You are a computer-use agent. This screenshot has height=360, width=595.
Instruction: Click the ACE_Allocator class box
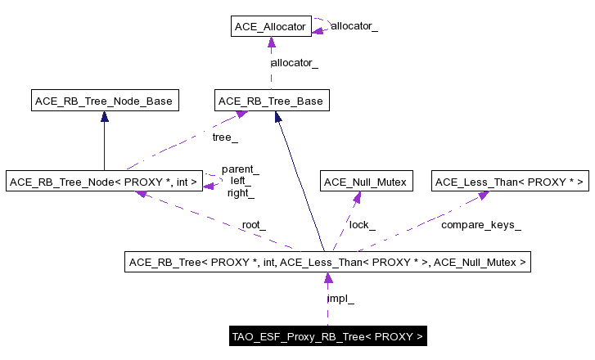point(270,27)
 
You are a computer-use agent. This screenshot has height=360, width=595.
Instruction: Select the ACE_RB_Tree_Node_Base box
point(104,101)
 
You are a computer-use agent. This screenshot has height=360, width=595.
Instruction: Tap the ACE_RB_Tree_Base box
point(271,101)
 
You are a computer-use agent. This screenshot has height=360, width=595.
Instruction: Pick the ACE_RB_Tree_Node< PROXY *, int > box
point(104,181)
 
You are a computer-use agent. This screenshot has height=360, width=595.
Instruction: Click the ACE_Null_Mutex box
point(365,181)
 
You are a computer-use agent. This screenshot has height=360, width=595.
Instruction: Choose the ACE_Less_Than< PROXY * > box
point(510,181)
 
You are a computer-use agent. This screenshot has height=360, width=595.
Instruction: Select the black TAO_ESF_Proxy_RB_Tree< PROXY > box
point(327,336)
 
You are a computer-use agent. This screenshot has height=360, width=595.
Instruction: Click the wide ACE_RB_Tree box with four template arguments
point(327,263)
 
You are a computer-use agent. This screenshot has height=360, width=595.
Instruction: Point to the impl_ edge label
point(340,299)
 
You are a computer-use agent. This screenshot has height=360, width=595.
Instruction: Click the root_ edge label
point(253,224)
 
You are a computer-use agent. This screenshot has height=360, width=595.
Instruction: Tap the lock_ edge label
point(362,224)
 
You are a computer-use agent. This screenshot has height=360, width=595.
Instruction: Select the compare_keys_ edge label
point(480,224)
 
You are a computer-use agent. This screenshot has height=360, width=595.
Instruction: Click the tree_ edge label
point(225,138)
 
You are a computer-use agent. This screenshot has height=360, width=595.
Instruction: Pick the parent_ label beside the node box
point(240,169)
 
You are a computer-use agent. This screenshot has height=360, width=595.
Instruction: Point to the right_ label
point(240,193)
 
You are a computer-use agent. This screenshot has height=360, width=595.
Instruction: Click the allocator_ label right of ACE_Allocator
point(354,26)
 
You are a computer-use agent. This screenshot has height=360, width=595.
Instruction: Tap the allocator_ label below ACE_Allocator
point(294,63)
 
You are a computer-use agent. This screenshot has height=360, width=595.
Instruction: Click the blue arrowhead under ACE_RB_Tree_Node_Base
point(104,117)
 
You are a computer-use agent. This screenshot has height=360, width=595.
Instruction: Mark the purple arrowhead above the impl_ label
point(328,279)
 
